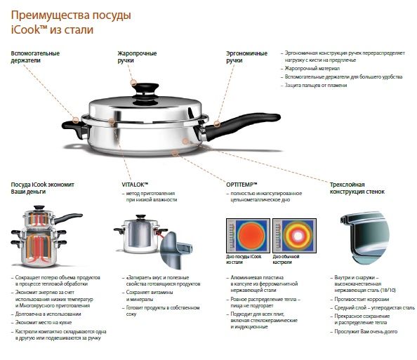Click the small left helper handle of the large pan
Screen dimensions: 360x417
pos(71,126)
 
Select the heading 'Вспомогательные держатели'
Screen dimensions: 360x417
pos(35,57)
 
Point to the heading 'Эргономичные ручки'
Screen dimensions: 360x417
pos(246,57)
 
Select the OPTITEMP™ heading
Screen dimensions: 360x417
pos(241,183)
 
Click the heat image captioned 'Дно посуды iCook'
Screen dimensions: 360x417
pos(246,234)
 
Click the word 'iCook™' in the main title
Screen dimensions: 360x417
pos(31,30)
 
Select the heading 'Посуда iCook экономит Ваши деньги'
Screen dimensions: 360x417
pos(43,187)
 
